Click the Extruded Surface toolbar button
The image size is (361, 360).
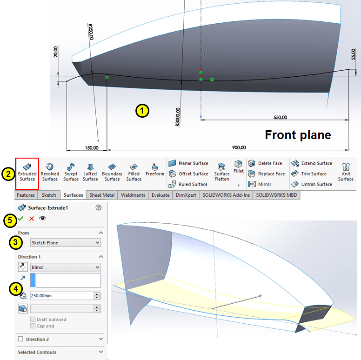click(x=27, y=172)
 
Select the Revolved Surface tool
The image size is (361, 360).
click(x=50, y=172)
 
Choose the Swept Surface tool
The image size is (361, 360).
click(x=71, y=172)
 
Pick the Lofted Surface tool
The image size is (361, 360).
click(x=90, y=172)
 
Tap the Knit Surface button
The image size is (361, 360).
click(x=346, y=172)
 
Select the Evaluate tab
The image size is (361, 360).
click(x=160, y=195)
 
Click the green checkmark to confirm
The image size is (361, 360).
click(x=21, y=219)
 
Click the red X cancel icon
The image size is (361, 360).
click(x=32, y=219)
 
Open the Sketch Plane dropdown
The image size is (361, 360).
click(x=65, y=242)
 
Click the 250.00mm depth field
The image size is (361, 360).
click(x=61, y=296)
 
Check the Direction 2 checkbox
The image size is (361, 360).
click(x=20, y=339)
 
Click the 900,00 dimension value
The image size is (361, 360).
click(x=239, y=147)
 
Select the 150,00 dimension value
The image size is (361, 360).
click(x=92, y=147)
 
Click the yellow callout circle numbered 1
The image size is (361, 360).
click(x=142, y=111)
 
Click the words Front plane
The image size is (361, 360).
click(x=298, y=135)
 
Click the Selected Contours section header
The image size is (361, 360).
click(x=37, y=352)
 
